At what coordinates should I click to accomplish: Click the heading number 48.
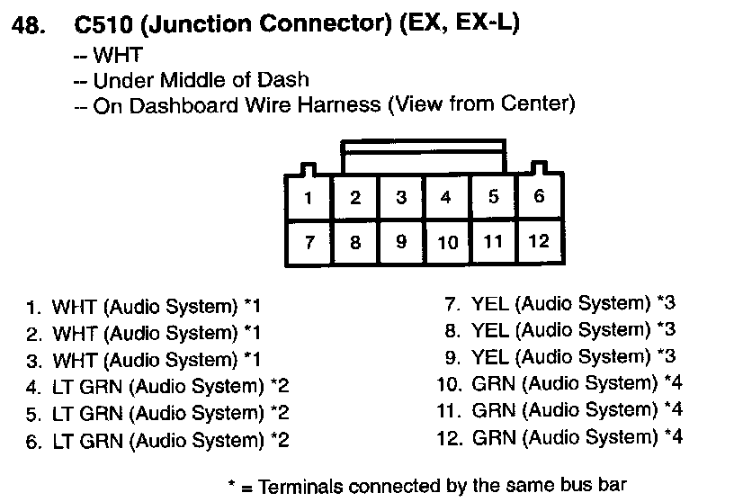click(27, 26)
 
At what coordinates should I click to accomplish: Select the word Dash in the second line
click(289, 80)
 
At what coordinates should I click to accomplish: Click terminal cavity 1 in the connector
click(309, 198)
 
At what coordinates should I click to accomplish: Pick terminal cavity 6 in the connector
click(539, 196)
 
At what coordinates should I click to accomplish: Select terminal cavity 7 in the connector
click(309, 241)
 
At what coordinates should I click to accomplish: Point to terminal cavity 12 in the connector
click(539, 240)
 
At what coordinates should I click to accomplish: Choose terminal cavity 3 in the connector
click(401, 198)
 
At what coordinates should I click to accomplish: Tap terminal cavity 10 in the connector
click(447, 241)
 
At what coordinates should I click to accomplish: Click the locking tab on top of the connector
click(424, 157)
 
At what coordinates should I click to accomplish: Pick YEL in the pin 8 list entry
click(490, 329)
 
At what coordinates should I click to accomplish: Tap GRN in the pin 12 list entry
click(493, 437)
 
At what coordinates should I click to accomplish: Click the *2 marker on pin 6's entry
click(280, 441)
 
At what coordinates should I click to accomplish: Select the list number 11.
click(449, 411)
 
